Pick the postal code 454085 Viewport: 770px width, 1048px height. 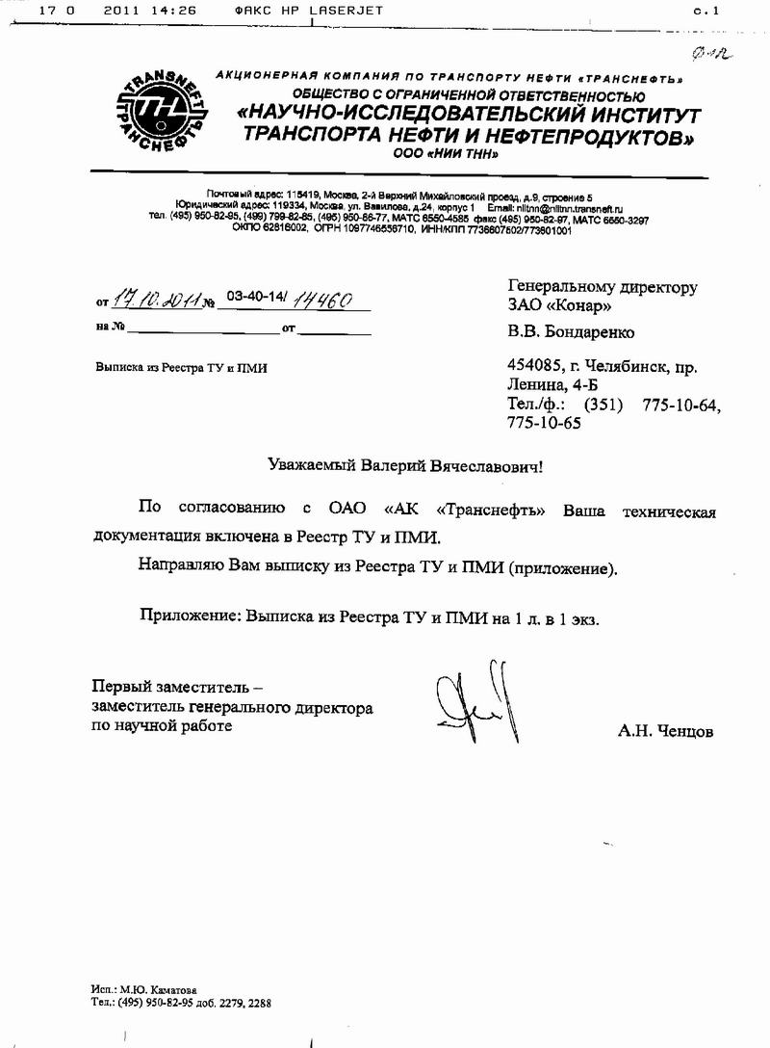[x=531, y=366]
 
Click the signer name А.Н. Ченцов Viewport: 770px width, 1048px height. [x=666, y=732]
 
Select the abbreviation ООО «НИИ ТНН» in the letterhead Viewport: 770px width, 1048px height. [x=446, y=153]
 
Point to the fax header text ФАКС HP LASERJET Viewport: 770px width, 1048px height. [x=309, y=10]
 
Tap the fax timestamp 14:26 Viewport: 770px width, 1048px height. [x=176, y=10]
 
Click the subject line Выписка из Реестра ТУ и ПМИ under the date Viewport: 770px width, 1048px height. [x=181, y=367]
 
